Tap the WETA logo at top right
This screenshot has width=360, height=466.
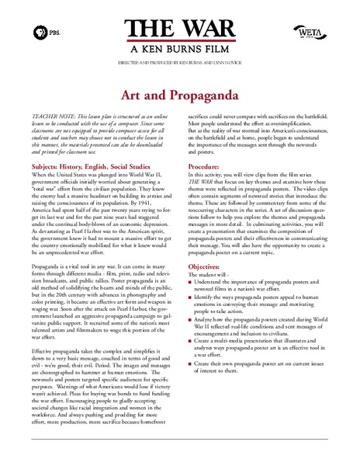click(x=310, y=31)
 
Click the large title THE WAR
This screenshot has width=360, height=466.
click(x=179, y=25)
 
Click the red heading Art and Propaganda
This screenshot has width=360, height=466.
click(x=179, y=94)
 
